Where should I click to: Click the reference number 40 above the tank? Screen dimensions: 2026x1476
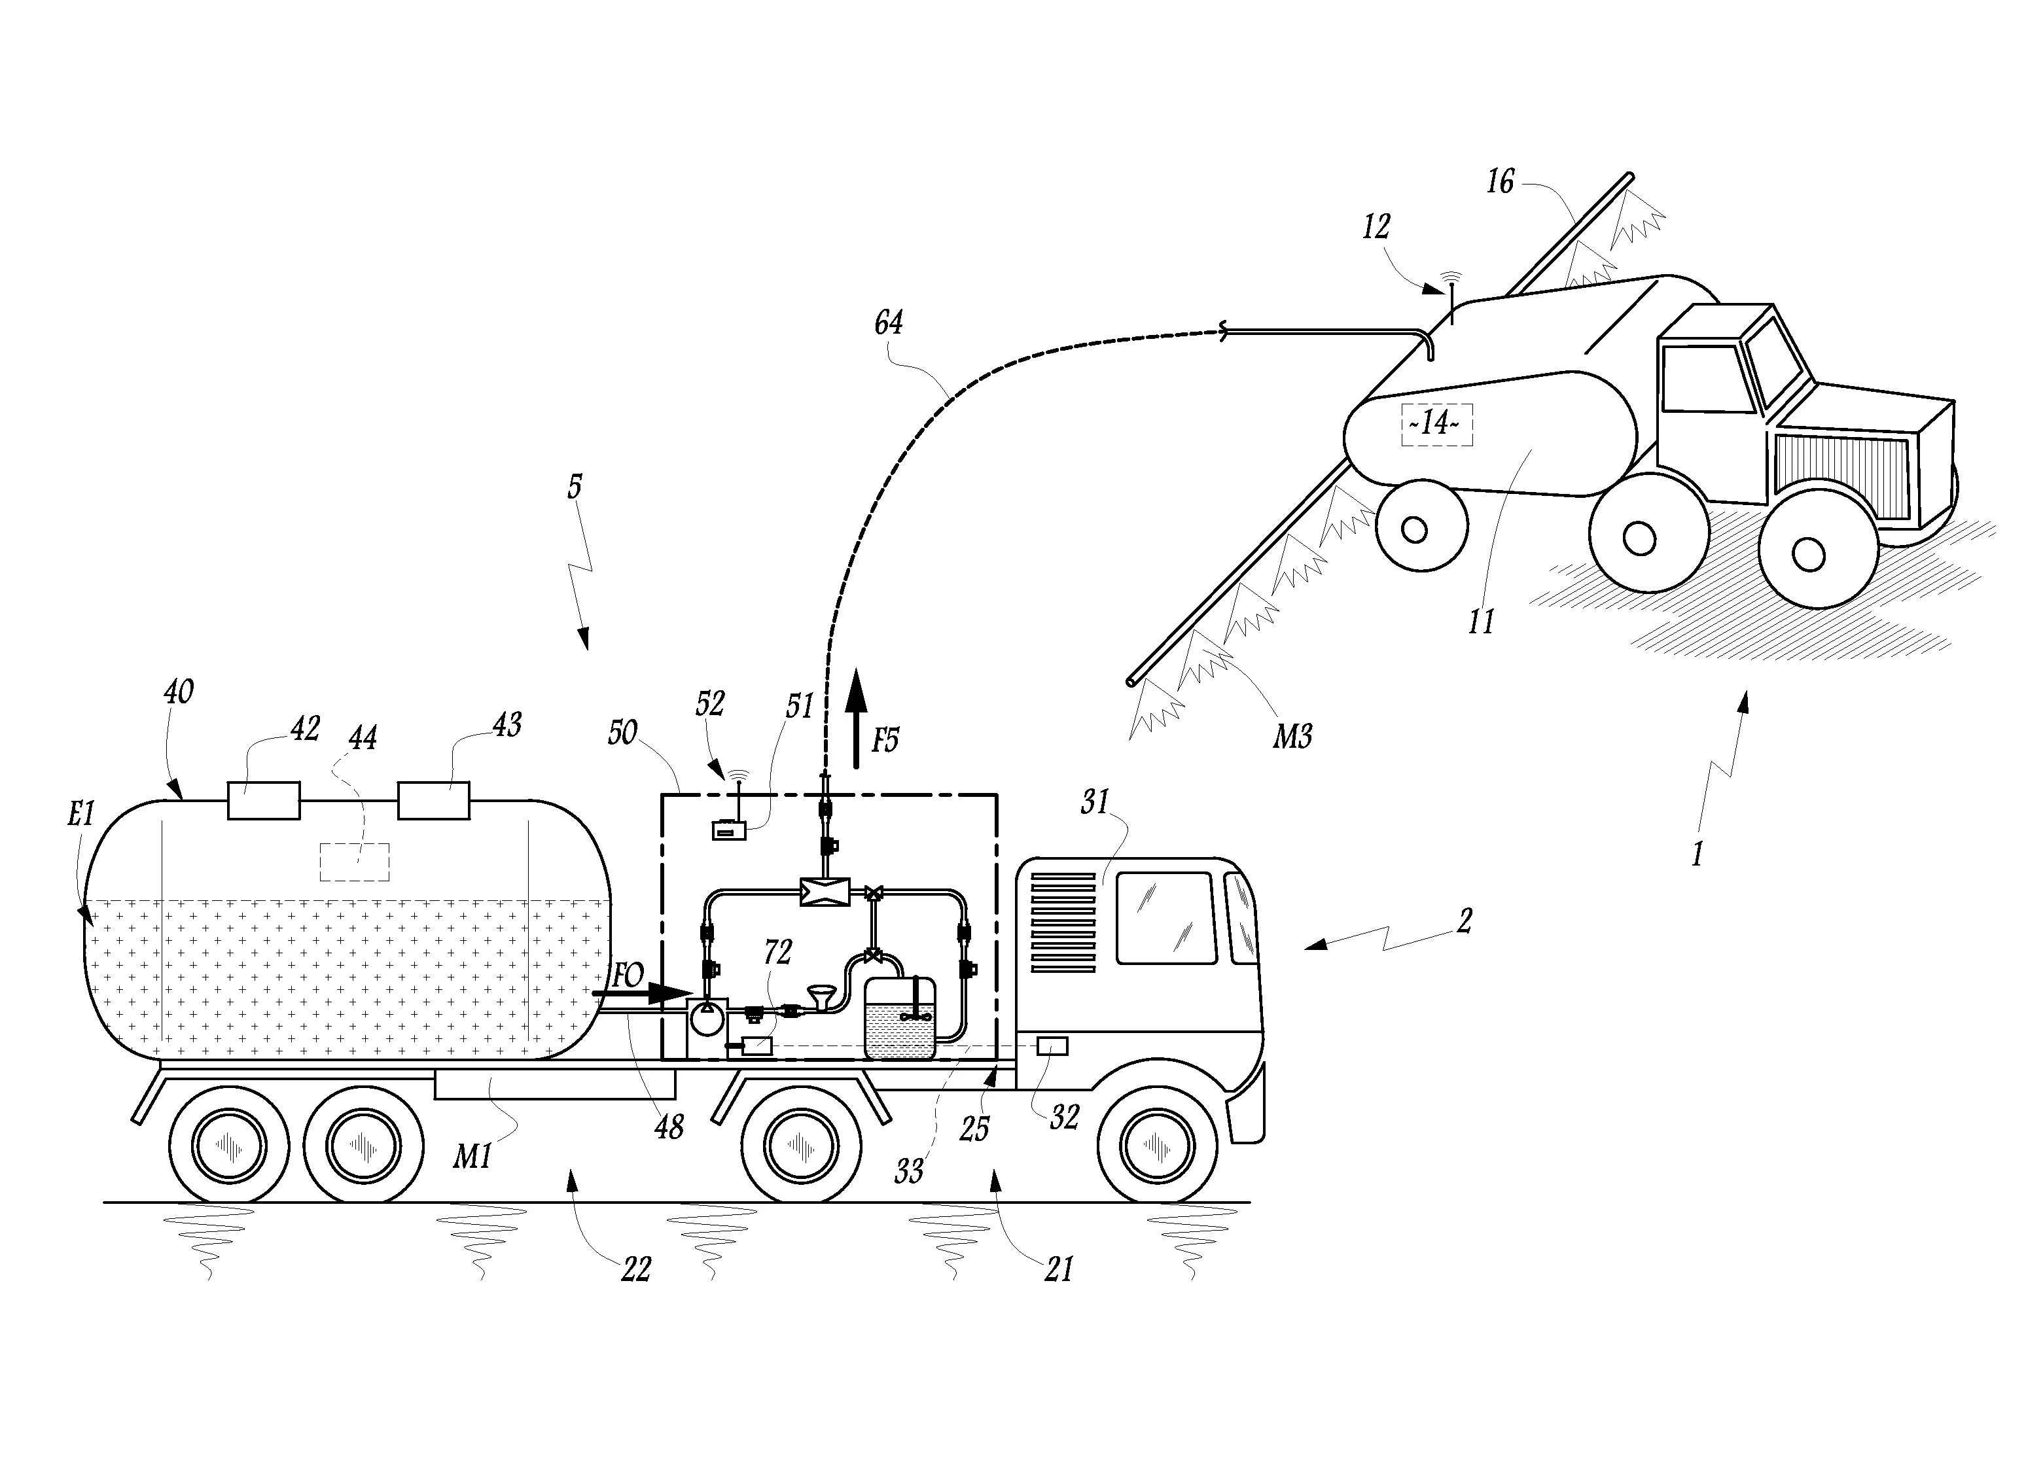[179, 692]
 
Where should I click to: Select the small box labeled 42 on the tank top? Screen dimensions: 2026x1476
[264, 799]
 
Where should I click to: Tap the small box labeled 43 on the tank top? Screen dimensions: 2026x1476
[433, 799]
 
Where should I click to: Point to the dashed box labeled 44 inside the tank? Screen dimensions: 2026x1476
[355, 862]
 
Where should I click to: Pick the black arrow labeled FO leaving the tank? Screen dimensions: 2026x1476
[642, 993]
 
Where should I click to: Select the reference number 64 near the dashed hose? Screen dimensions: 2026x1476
[888, 323]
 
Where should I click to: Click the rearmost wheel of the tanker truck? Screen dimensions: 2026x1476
[229, 1146]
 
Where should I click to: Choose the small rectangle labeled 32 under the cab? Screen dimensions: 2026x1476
[1052, 1045]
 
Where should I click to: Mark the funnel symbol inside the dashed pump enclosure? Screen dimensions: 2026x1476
[821, 997]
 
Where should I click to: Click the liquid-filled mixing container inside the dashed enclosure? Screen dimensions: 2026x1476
[900, 1019]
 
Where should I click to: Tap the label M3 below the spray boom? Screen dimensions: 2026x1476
[1292, 736]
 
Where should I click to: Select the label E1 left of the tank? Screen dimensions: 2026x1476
[80, 814]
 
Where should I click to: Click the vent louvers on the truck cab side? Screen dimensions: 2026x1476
[1063, 922]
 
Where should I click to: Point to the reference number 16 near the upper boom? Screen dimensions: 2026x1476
[1501, 183]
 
